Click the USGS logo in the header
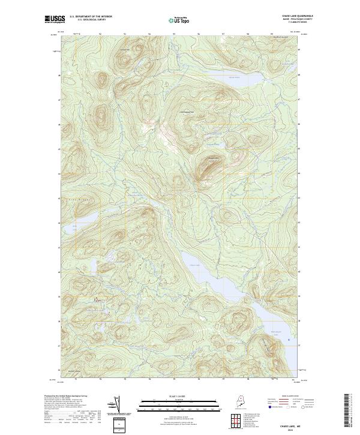click(x=55, y=19)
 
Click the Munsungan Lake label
click(x=272, y=334)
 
